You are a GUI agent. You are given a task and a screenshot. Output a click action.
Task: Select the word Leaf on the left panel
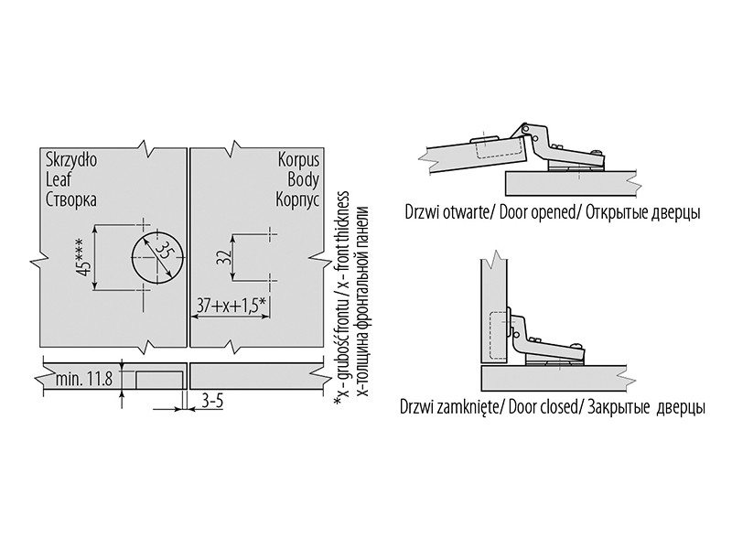click(x=58, y=178)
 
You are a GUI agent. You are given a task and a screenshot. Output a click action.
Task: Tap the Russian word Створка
click(x=70, y=199)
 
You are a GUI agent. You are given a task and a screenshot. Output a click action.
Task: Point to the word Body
click(x=303, y=178)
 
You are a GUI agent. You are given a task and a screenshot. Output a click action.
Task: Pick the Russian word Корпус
click(x=296, y=199)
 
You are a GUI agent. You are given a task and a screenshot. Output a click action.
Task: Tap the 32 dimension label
click(x=222, y=257)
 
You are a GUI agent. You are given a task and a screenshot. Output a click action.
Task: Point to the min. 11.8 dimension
click(x=83, y=378)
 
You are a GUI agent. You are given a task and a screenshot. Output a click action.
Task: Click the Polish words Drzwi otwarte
click(x=446, y=212)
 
